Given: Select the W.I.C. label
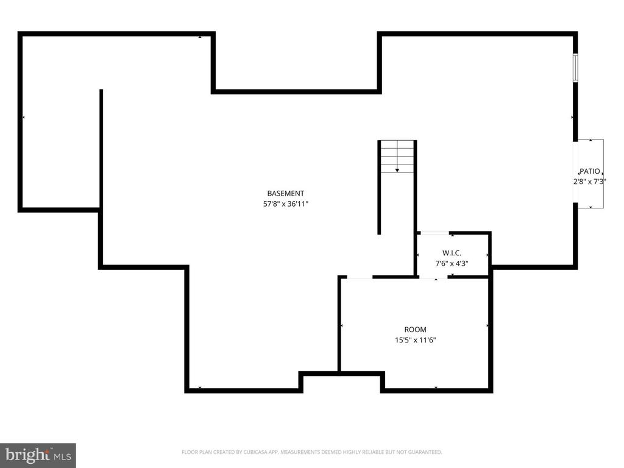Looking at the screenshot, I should [x=452, y=252].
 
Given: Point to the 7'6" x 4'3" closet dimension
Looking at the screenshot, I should [x=452, y=264].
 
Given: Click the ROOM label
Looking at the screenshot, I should [x=415, y=330].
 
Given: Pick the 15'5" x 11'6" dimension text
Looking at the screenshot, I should [x=415, y=341].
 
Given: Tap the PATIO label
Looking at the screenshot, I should [x=589, y=171].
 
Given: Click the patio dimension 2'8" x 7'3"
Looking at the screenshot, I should [x=589, y=182].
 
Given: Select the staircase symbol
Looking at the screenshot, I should [x=397, y=156].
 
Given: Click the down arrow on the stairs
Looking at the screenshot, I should [x=397, y=169].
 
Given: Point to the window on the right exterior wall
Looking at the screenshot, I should [x=575, y=67].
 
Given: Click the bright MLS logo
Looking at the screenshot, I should [x=38, y=455].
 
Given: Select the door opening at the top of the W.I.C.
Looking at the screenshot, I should [x=434, y=233].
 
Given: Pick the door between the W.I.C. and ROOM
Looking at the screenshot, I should [x=436, y=278].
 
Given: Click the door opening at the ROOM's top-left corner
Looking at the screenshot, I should [x=360, y=278].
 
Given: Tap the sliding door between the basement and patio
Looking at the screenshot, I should [x=575, y=174].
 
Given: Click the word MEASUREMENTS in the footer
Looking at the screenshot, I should [x=285, y=452].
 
